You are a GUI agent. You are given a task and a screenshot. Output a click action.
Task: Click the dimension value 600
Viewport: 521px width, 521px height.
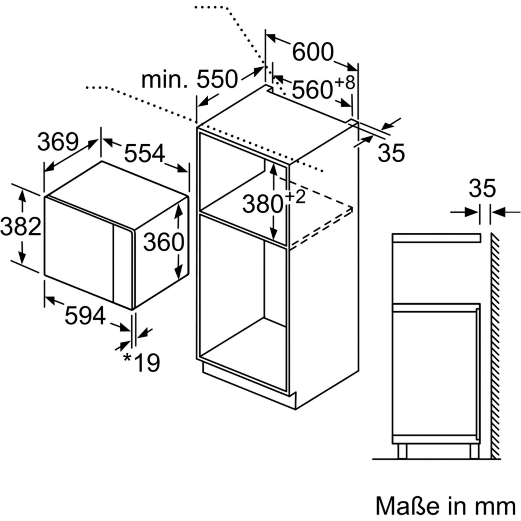(x=313, y=52)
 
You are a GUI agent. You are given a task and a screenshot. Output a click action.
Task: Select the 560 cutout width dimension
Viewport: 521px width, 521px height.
(x=312, y=90)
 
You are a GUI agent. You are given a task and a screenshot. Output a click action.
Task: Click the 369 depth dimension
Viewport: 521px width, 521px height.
(x=58, y=142)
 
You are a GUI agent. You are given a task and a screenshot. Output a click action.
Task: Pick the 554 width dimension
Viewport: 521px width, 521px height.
(x=145, y=153)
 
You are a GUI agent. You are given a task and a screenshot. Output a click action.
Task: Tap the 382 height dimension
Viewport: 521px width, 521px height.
(x=21, y=226)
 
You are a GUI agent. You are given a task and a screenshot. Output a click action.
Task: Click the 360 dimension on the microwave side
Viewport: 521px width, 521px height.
(x=164, y=242)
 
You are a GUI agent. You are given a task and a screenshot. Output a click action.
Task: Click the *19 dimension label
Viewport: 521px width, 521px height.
(x=141, y=362)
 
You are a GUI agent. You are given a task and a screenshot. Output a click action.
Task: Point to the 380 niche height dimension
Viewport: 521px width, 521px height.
(x=263, y=204)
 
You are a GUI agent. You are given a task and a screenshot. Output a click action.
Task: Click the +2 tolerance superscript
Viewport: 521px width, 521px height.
(x=296, y=197)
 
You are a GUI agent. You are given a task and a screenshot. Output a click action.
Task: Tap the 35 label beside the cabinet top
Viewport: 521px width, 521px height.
(x=391, y=153)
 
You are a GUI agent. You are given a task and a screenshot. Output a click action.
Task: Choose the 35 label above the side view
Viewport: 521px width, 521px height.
(x=482, y=188)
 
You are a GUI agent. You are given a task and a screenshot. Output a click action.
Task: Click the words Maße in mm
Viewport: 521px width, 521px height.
(x=446, y=505)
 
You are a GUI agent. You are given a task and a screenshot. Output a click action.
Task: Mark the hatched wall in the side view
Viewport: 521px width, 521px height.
(x=495, y=346)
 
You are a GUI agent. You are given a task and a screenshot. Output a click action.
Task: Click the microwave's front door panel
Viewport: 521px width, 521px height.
(x=79, y=249)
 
